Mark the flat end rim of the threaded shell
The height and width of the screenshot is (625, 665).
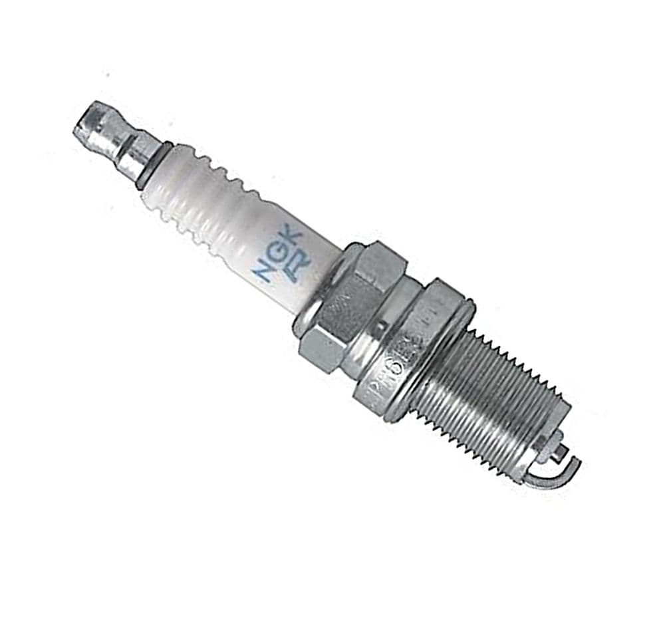[542, 439]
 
